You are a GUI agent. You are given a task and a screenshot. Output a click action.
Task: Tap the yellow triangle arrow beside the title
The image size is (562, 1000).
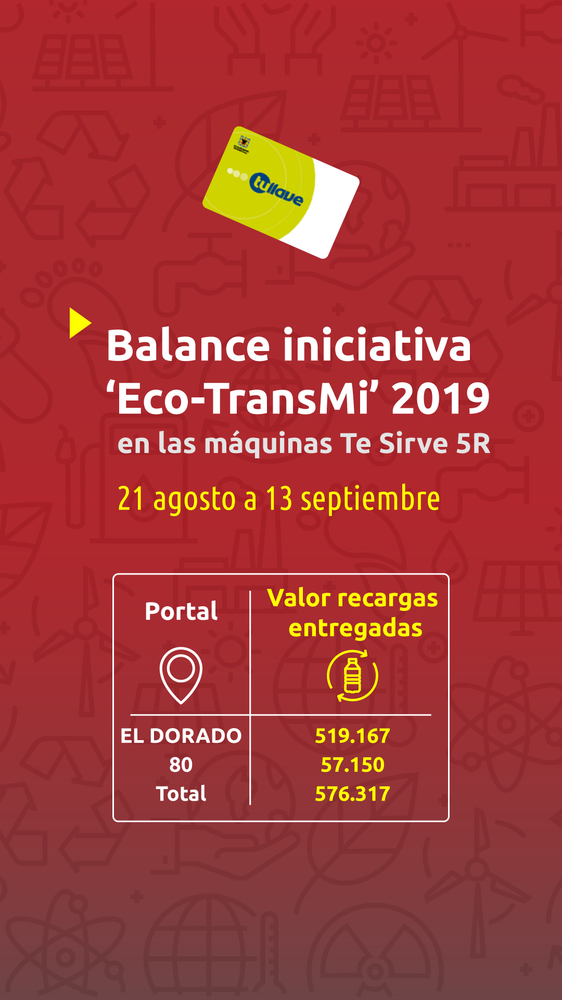(x=80, y=323)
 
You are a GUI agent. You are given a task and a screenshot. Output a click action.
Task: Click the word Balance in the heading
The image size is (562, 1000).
(x=188, y=346)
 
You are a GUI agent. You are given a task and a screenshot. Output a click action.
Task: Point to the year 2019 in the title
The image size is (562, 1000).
(x=441, y=398)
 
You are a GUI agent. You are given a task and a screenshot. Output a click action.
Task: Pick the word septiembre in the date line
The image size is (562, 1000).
(x=371, y=499)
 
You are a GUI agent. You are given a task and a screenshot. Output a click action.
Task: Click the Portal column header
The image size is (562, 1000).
(x=181, y=611)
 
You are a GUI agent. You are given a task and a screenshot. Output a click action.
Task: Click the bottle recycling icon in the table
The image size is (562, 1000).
(x=353, y=676)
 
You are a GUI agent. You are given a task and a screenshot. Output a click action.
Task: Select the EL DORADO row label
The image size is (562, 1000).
(x=181, y=736)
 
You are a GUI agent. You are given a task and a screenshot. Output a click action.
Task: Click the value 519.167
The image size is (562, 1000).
(x=352, y=736)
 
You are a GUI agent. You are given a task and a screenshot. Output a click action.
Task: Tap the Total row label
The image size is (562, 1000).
(x=181, y=794)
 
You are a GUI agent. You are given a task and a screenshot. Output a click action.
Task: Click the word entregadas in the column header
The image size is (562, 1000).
(x=355, y=628)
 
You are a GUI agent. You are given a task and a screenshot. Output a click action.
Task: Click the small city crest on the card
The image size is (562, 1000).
(x=243, y=143)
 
